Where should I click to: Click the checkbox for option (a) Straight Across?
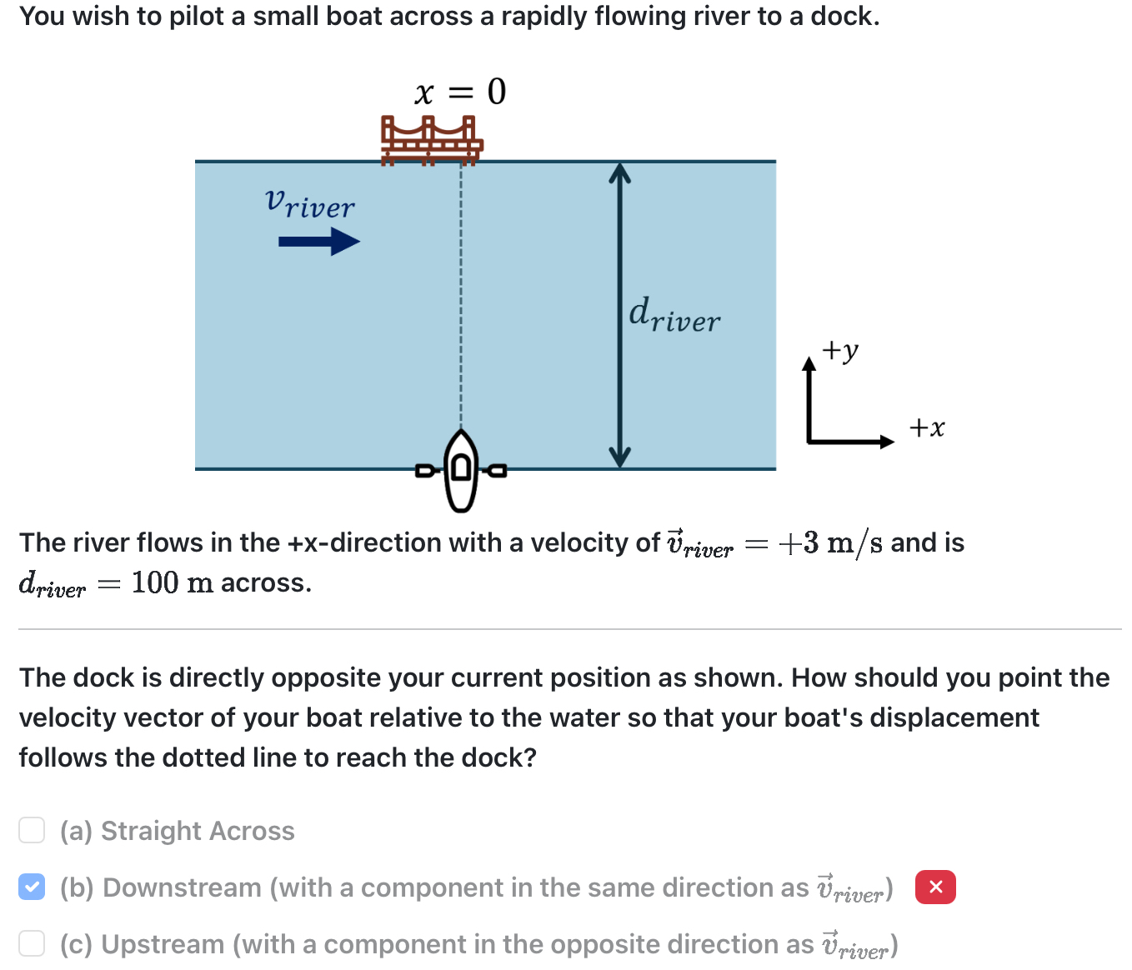[32, 830]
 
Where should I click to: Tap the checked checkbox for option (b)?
[32, 887]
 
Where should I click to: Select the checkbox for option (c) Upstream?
[32, 943]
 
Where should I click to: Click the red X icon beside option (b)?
[935, 887]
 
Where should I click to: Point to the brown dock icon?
[431, 140]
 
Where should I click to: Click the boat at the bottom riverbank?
[461, 470]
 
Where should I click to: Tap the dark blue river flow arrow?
[318, 242]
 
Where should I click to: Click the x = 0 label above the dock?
[460, 91]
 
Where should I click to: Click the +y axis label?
[840, 350]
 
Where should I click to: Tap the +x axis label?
[927, 427]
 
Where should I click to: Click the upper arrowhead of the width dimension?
[619, 172]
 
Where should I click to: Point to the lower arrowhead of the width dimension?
[619, 457]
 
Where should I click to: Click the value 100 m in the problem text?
[172, 582]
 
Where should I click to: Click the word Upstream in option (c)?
[163, 944]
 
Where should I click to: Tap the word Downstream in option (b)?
[182, 887]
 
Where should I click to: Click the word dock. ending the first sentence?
[844, 16]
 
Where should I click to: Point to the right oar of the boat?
[496, 471]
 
